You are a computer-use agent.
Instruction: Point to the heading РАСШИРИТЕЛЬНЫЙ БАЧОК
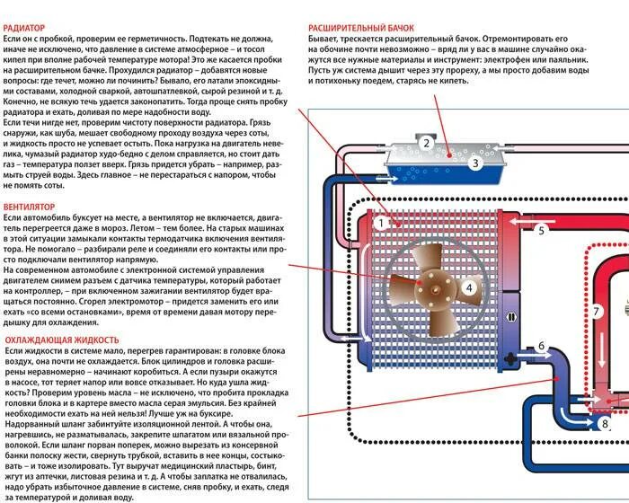click(x=359, y=28)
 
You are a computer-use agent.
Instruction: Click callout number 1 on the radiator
click(x=381, y=222)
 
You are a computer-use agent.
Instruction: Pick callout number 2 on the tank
click(x=428, y=143)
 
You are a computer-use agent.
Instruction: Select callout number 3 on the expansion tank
click(x=475, y=163)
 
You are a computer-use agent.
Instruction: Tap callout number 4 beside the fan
click(x=469, y=287)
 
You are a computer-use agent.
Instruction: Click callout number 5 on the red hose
click(x=541, y=231)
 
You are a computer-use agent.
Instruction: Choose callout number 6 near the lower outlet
click(x=541, y=346)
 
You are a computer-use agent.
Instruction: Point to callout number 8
click(x=604, y=424)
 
